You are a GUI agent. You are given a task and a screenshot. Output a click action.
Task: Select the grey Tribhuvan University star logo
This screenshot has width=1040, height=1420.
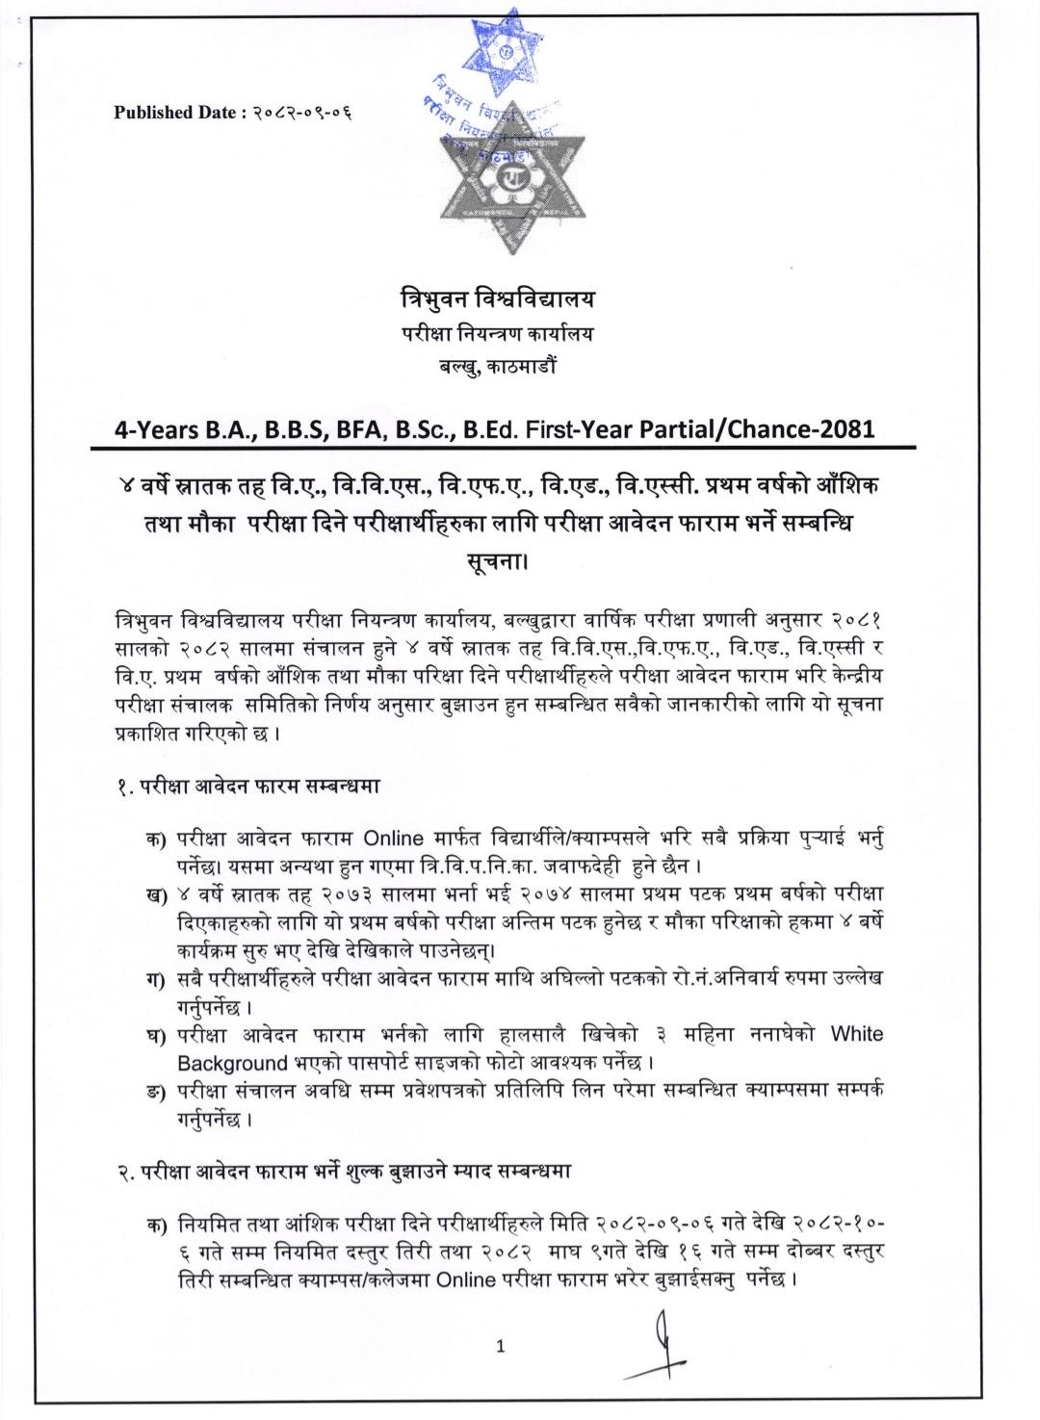pos(504,177)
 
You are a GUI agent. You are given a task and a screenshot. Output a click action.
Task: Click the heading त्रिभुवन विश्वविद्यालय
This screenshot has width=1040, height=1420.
pos(498,299)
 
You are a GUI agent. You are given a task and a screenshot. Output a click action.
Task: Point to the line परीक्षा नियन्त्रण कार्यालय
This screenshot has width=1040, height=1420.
pos(498,334)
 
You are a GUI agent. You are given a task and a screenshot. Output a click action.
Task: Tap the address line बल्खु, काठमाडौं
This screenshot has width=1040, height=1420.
pos(498,366)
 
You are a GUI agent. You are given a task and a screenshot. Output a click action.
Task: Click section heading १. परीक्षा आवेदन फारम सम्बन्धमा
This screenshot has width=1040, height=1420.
pos(246,785)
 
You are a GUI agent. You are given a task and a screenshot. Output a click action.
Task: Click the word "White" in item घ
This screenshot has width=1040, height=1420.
pos(856,1034)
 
